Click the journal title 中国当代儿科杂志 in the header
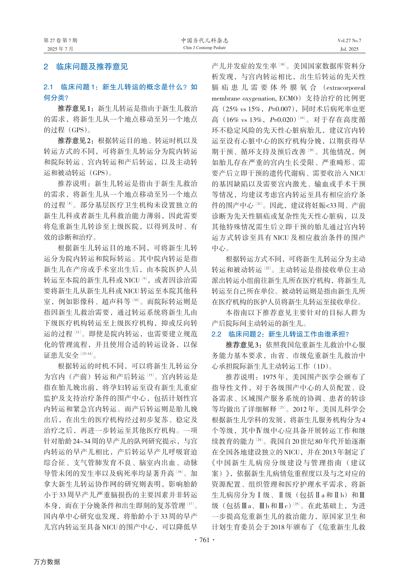[x=204, y=40]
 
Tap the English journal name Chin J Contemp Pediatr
[x=204, y=48]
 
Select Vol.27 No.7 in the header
[x=349, y=40]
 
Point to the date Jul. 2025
[x=349, y=49]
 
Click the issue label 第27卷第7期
[x=60, y=40]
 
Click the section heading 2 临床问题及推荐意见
[x=86, y=67]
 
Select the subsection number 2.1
[x=48, y=87]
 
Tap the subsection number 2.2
[x=216, y=334]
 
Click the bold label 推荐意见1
[x=74, y=109]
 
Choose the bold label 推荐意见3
[x=242, y=345]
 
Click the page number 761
[x=204, y=540]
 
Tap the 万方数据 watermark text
[x=47, y=562]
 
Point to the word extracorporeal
[x=346, y=88]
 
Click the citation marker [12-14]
[x=86, y=354]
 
